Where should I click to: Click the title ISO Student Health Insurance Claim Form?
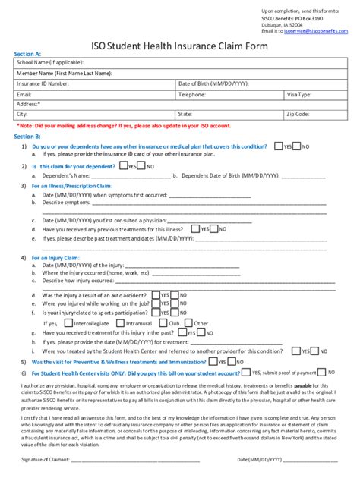179,45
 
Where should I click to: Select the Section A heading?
27,54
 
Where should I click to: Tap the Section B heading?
27,135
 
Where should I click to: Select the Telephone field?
243,94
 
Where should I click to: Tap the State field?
243,115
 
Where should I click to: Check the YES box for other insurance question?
278,146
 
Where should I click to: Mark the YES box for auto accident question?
156,294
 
